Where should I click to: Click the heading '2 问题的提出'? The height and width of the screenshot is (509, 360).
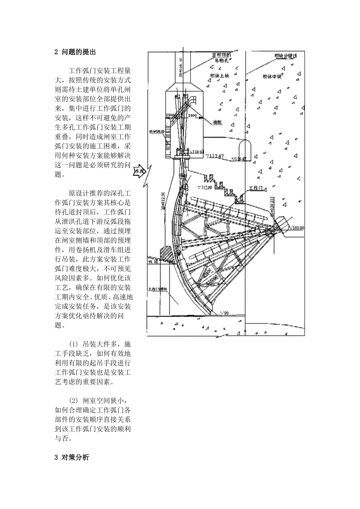pyautogui.click(x=75, y=52)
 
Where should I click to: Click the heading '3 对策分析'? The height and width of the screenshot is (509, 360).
pyautogui.click(x=72, y=457)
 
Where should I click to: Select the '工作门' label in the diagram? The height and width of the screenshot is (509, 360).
pyautogui.click(x=256, y=188)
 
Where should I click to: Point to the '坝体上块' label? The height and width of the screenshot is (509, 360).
pyautogui.click(x=219, y=76)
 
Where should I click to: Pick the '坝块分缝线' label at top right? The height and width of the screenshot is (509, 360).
pyautogui.click(x=285, y=56)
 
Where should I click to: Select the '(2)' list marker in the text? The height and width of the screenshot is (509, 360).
pyautogui.click(x=74, y=401)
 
